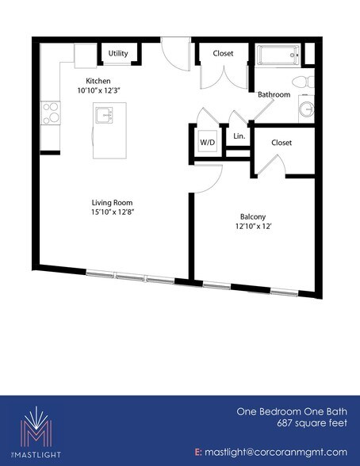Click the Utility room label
(118, 53)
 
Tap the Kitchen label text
(98, 81)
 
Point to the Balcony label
(253, 217)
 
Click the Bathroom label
(274, 95)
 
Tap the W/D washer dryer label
(207, 143)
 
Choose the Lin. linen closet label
(238, 136)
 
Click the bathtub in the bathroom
(278, 55)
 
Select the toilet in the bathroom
(302, 83)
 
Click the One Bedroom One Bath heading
(293, 412)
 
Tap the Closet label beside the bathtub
(223, 54)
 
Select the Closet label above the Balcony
(281, 143)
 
